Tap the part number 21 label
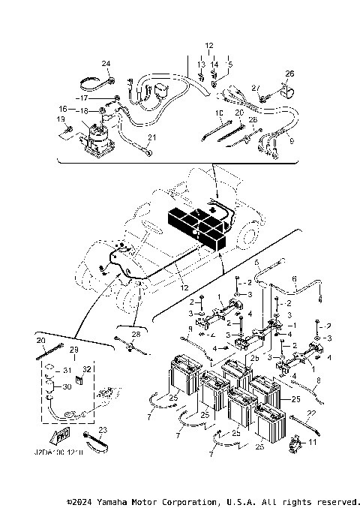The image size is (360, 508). click(x=151, y=138)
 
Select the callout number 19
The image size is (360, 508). click(x=59, y=120)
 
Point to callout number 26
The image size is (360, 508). click(x=290, y=74)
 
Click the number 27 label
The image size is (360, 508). click(x=255, y=88)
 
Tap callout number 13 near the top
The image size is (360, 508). click(x=201, y=65)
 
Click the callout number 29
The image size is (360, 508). click(x=73, y=351)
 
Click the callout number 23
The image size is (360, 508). click(x=103, y=429)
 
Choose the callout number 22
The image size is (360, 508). click(x=312, y=413)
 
